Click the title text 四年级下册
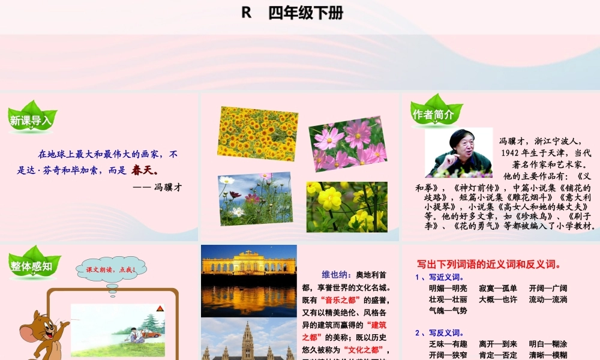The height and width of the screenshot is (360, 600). pos(306,13)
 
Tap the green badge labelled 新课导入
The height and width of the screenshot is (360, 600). pos(31,119)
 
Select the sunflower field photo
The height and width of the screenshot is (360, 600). pos(257,134)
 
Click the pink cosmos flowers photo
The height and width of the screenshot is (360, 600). pos(347,144)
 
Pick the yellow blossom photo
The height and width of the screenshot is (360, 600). pos(347,206)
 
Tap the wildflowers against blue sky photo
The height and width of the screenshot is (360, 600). pos(255,199)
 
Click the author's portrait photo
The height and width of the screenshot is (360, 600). pos(458,153)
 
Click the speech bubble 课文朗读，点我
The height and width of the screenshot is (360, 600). pos(111,270)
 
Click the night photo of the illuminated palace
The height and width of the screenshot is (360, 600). pos(248,280)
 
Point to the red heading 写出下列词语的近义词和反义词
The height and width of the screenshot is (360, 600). pos(489,263)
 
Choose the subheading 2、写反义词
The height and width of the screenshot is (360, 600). pos(439,332)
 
